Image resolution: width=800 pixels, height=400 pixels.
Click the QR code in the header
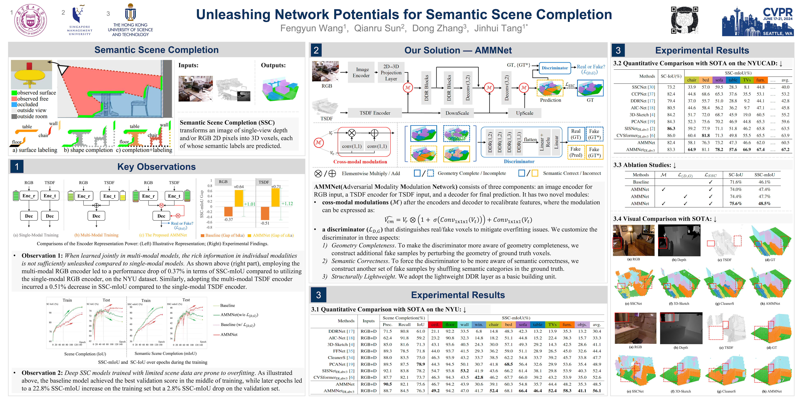pyautogui.click(x=684, y=20)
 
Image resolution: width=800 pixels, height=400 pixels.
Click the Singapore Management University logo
pyautogui.click(x=80, y=20)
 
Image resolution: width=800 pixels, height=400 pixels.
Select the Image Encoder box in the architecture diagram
pyautogui.click(x=361, y=72)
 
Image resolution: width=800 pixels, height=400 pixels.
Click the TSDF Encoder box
pyautogui.click(x=375, y=113)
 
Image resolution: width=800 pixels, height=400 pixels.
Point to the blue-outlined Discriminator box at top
pyautogui.click(x=555, y=68)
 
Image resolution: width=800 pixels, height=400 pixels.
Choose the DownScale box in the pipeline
pyautogui.click(x=457, y=113)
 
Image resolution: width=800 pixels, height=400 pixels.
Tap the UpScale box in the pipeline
pyautogui.click(x=525, y=113)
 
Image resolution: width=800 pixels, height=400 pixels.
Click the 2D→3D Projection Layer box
pyautogui.click(x=391, y=72)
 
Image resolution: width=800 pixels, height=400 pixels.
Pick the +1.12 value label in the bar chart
pyautogui.click(x=287, y=204)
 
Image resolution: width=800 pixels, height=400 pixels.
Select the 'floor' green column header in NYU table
pyautogui.click(x=450, y=325)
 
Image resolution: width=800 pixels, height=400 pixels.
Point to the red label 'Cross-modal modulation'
pyautogui.click(x=360, y=162)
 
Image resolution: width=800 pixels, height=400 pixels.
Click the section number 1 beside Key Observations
pyautogui.click(x=17, y=167)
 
